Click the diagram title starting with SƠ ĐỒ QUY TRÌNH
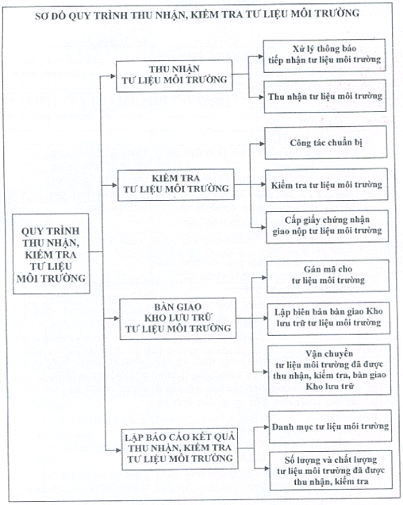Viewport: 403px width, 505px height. (197, 15)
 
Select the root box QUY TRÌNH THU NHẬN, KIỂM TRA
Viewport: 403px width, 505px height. (51, 254)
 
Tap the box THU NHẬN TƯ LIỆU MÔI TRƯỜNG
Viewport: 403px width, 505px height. (175, 75)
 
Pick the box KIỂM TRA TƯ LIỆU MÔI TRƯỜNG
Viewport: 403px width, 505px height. (176, 184)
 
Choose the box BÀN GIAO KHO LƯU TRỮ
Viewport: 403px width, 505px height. (178, 318)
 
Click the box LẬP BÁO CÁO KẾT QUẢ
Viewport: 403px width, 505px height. (180, 449)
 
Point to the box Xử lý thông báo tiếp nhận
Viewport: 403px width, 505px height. (324, 55)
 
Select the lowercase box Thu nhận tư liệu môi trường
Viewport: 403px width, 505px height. (325, 97)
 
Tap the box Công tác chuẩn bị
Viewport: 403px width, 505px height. (326, 142)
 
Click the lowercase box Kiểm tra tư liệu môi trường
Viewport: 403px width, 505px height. (326, 185)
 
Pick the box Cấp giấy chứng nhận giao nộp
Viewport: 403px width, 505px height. (327, 226)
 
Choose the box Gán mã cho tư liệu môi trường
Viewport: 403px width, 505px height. (328, 276)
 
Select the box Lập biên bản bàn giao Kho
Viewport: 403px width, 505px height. (328, 318)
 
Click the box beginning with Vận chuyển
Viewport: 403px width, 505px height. (329, 370)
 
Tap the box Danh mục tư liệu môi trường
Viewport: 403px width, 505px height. (330, 426)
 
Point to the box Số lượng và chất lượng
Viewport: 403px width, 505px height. (331, 470)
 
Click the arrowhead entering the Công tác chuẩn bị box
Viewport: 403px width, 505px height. (263, 144)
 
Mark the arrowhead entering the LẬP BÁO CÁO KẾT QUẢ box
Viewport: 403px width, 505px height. (118, 450)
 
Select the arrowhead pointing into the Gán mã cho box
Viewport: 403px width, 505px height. (264, 277)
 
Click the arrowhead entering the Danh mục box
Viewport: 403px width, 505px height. (267, 427)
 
